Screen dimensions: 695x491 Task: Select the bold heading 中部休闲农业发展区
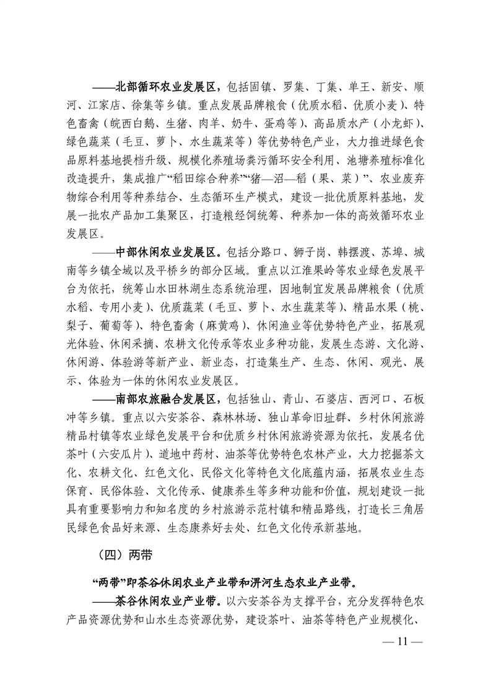point(165,252)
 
